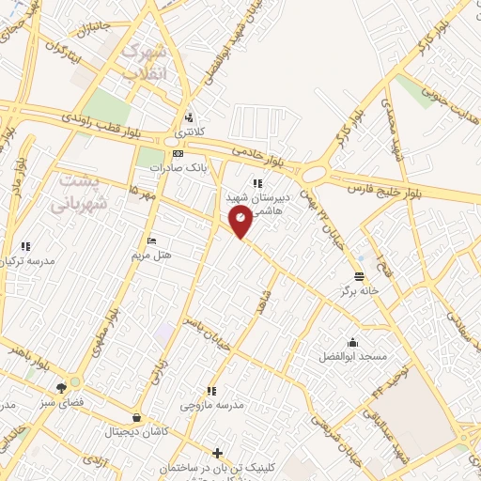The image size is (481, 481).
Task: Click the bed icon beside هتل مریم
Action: pos(152,240)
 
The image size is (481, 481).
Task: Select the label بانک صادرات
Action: pos(177,167)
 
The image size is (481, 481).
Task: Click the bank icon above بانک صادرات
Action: pos(178,153)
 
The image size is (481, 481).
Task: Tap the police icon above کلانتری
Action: pos(190,118)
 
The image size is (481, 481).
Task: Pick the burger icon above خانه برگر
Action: pos(360,276)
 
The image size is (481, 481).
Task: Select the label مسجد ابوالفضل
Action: pos(352,357)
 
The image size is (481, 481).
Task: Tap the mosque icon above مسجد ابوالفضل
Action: pos(352,342)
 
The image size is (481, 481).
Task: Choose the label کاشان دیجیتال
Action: pos(138,431)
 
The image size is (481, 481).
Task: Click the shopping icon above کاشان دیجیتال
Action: pos(138,417)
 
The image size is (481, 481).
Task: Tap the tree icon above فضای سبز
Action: pos(61,387)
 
